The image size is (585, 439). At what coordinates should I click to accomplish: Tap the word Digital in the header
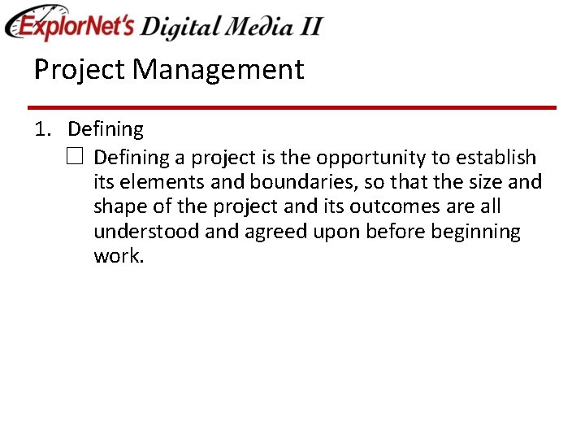pos(179,27)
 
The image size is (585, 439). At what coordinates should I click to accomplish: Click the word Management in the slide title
pos(219,70)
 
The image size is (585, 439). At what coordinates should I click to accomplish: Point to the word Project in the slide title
pos(80,70)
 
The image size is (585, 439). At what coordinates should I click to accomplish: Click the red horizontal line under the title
pos(292,107)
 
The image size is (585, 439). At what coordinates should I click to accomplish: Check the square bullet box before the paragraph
pos(76,157)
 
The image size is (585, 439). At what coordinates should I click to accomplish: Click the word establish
pos(496,157)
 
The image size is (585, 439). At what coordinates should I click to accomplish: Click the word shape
pos(122,207)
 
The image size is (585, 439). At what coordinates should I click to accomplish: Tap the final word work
pos(118,257)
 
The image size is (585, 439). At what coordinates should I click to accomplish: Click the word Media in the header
pos(248,27)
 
